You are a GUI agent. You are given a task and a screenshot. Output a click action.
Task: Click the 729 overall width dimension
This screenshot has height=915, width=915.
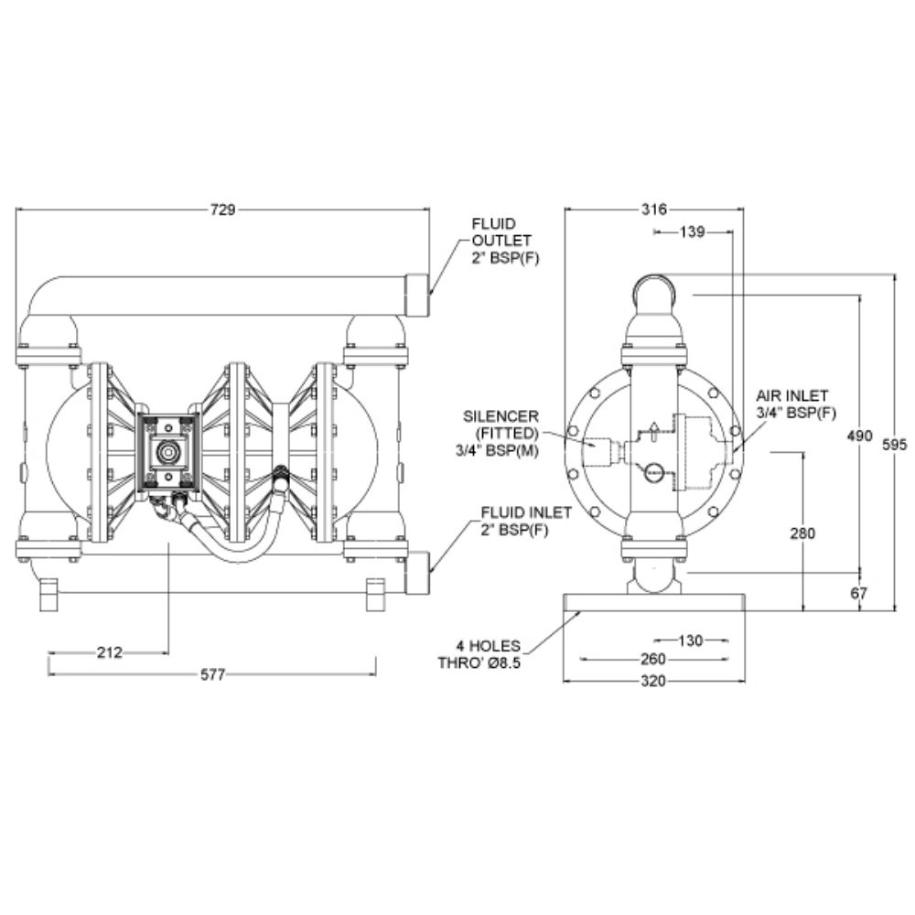222,209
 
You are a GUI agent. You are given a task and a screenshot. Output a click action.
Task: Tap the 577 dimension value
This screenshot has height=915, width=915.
212,674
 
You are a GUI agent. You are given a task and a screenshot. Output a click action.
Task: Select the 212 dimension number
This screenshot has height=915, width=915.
109,652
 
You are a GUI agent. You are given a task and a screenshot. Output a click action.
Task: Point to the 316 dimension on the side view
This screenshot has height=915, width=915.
653,209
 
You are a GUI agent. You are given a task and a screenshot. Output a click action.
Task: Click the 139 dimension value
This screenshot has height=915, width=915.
692,231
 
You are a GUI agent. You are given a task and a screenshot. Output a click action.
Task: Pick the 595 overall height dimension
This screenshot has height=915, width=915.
895,445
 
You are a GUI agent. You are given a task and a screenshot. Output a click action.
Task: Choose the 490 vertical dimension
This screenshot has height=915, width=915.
859,436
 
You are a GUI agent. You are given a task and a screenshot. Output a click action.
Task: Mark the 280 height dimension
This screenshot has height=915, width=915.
802,533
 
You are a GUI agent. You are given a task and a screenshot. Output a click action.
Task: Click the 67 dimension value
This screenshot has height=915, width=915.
858,594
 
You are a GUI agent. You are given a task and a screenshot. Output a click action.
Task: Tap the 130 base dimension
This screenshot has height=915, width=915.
690,640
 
